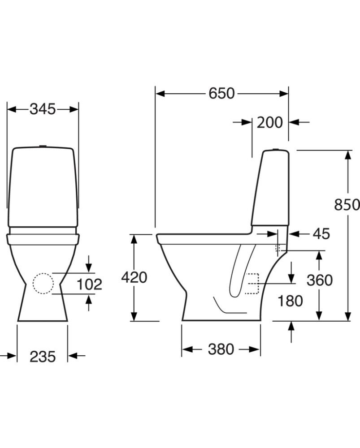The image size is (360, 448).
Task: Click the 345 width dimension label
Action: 43,109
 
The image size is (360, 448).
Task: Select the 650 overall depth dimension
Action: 221,93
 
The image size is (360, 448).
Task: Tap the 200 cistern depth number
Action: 269,122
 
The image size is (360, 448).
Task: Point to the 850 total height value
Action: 347,204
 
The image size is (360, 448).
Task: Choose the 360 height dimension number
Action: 319,280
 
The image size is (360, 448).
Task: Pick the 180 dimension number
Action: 290,301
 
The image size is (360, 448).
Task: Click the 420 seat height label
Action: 134,278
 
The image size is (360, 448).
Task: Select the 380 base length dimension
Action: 221,349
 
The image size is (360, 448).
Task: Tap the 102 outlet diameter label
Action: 89,284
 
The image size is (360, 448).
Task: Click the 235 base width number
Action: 43,357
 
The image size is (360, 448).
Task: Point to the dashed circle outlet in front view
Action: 43,284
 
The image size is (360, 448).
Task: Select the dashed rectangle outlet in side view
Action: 252,284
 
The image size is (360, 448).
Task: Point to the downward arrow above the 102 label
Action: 89,263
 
